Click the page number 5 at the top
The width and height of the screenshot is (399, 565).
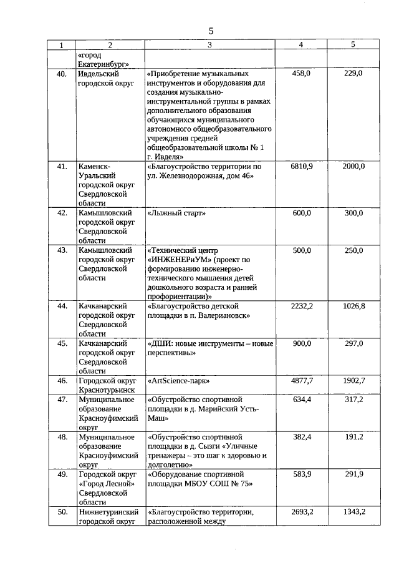(211, 31)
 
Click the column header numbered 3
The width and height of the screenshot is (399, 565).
(209, 45)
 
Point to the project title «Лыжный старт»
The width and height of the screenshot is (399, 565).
(176, 214)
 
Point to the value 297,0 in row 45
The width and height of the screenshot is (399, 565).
(353, 343)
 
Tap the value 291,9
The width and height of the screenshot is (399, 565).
(353, 474)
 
